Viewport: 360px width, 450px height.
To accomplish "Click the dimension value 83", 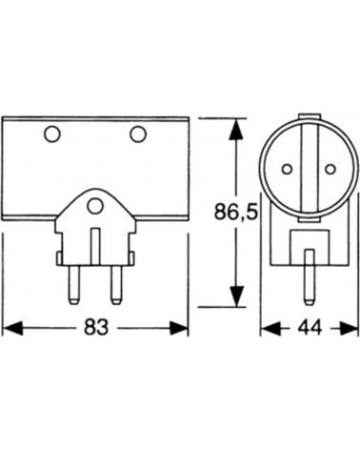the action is click(x=96, y=327).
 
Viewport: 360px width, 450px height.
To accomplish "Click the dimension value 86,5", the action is click(x=236, y=212).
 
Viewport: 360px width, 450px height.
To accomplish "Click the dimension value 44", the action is click(x=310, y=327).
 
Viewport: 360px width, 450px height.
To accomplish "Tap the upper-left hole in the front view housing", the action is click(x=52, y=134).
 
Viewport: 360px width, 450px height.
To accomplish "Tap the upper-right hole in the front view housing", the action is click(x=138, y=134).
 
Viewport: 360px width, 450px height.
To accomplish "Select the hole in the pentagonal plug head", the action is click(x=95, y=206).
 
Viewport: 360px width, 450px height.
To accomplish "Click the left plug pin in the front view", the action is click(x=74, y=285).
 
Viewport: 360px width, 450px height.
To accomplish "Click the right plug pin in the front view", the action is click(x=116, y=285).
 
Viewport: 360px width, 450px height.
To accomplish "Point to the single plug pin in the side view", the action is click(x=310, y=277).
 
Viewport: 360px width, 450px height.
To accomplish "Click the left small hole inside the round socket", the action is click(x=287, y=169).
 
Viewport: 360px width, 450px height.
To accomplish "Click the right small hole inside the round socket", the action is click(x=330, y=169).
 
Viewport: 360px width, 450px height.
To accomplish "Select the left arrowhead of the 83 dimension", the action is click(x=12, y=328).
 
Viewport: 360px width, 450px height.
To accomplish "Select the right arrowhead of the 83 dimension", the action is click(x=179, y=328).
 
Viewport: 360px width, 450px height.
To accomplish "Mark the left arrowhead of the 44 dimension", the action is click(x=270, y=328).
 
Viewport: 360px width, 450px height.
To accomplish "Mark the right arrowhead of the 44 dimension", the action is click(x=349, y=328).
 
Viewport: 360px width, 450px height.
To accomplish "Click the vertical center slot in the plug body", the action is click(x=95, y=246).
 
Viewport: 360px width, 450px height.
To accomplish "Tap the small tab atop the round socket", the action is click(x=310, y=116).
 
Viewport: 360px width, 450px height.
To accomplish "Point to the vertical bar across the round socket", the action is click(x=310, y=170).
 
